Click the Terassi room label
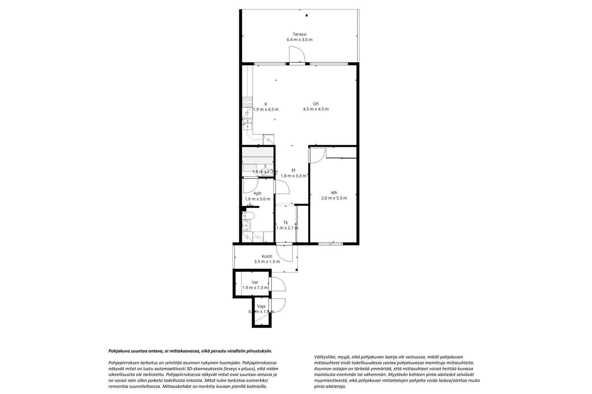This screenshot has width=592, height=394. tap(299, 34)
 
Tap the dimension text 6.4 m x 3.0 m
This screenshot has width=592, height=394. tap(299, 40)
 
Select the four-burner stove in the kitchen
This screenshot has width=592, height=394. tap(247, 102)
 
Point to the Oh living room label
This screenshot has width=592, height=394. tap(316, 104)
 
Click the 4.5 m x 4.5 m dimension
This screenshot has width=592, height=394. tap(316, 109)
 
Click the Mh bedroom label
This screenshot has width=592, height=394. tap(334, 193)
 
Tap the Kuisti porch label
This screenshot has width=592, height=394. tap(267, 256)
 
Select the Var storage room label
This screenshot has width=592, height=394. tap(255, 282)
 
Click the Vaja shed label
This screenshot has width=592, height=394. tap(261, 306)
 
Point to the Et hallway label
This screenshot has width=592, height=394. tap(293, 170)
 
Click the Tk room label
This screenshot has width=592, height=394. tap(285, 223)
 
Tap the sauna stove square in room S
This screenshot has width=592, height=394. tap(266, 171)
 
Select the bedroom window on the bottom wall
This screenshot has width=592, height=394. tap(330, 244)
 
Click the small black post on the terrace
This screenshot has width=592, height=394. tap(306, 16)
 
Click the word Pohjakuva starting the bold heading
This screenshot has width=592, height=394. tap(118, 351)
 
